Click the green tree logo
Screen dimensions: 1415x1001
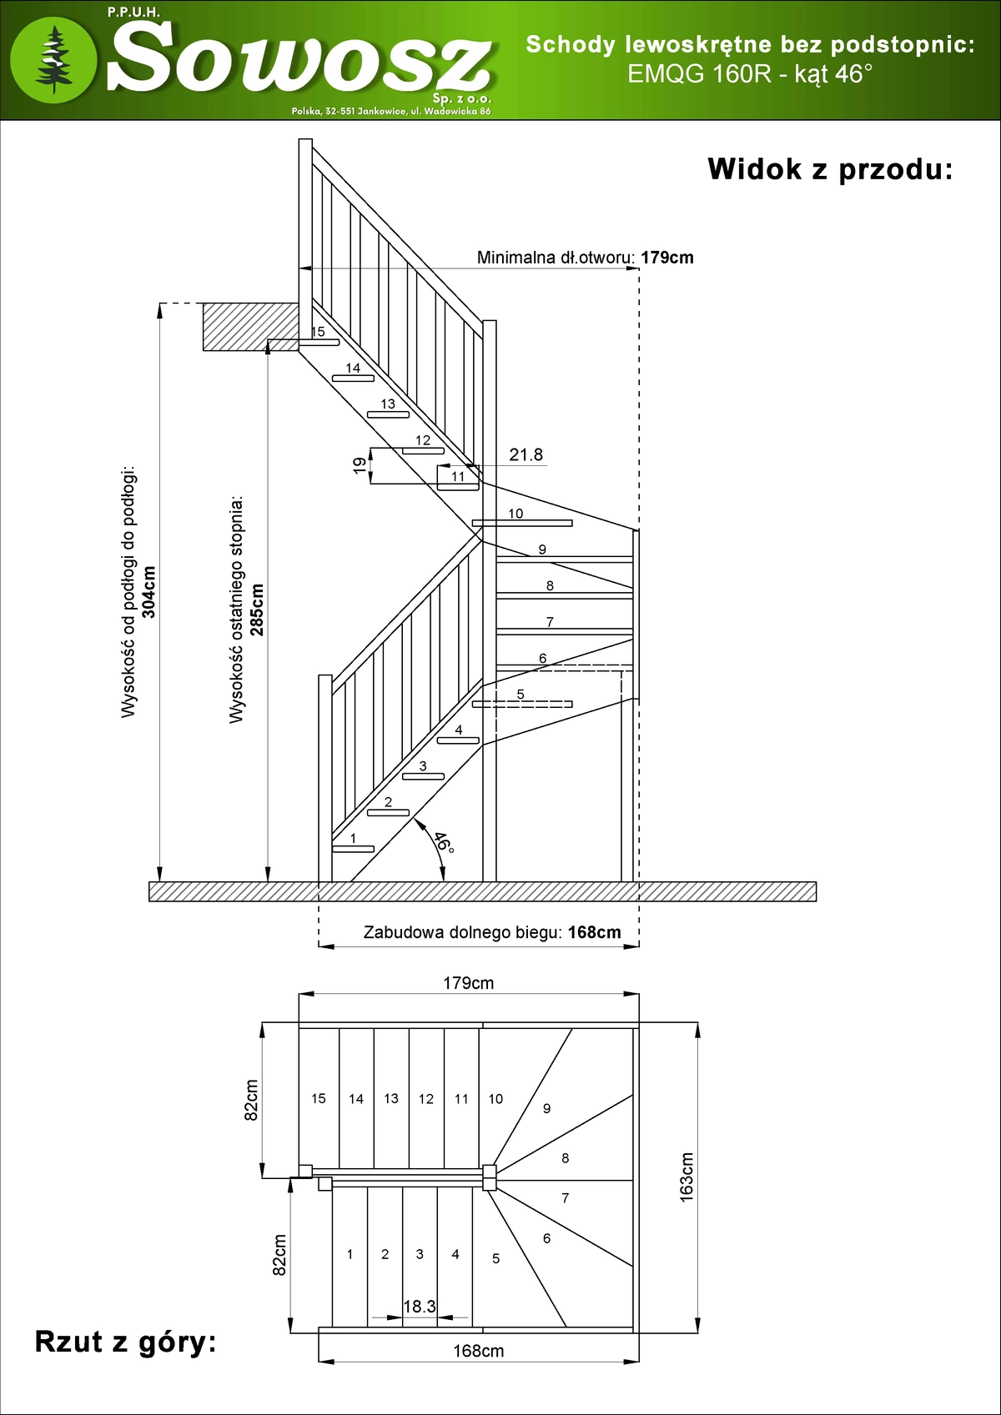point(53,58)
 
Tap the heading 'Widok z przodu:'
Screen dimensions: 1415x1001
point(830,169)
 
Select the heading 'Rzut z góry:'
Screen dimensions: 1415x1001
point(125,1342)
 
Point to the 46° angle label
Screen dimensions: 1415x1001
point(444,842)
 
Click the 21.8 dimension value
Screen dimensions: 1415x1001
point(526,454)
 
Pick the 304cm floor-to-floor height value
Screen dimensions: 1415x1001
point(149,592)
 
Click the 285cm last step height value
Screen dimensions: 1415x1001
point(257,610)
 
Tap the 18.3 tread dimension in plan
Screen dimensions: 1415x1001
point(419,1306)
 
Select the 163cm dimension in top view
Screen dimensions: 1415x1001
point(687,1177)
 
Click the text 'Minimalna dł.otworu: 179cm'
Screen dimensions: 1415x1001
point(585,258)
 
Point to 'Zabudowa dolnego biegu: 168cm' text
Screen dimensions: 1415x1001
point(492,932)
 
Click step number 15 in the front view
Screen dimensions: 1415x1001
point(318,332)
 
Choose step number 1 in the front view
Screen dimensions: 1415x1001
point(353,838)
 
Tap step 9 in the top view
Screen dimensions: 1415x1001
point(546,1108)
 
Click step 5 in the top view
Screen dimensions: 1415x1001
point(495,1258)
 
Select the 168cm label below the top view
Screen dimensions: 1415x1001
point(478,1351)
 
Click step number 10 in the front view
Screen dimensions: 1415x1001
point(516,514)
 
